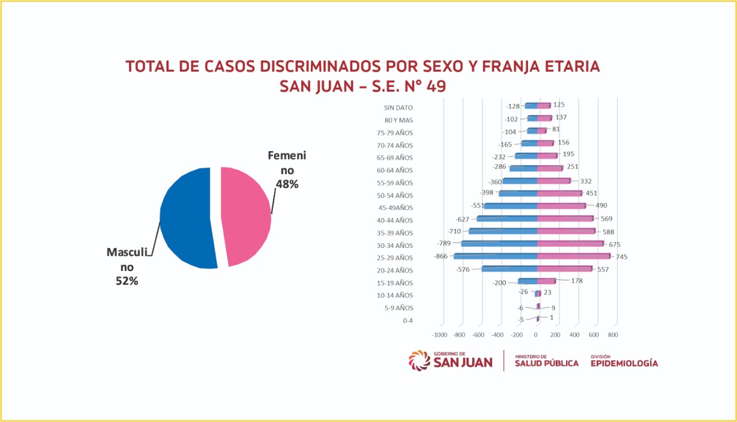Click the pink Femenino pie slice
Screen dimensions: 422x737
tap(246, 216)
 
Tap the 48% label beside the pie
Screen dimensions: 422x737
tap(286, 184)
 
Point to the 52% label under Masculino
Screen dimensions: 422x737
tap(127, 281)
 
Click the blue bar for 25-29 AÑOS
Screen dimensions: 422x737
tap(495, 256)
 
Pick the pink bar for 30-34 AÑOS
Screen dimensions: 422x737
tap(570, 243)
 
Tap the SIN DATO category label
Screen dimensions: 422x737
tap(398, 107)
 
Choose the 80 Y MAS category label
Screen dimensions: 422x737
tap(398, 120)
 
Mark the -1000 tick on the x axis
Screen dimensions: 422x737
tap(439, 334)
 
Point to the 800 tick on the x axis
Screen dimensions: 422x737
tap(613, 334)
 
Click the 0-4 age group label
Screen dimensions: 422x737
tap(408, 321)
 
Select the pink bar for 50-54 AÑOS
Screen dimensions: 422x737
tap(559, 193)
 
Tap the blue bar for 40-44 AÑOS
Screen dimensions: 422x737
tap(507, 218)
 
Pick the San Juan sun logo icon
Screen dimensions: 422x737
tap(419, 360)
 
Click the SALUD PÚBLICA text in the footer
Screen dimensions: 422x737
tap(546, 363)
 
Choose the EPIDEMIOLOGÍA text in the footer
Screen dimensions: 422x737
tap(624, 363)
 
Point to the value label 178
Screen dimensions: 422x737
tap(577, 281)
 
